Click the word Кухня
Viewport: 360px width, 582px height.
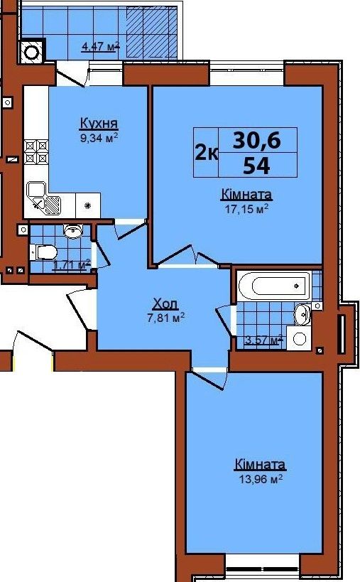click(99, 123)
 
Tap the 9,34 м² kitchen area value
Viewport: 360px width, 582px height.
click(99, 138)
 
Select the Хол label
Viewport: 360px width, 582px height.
click(165, 304)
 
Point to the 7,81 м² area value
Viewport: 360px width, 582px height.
click(165, 318)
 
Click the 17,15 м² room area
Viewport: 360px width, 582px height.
click(246, 209)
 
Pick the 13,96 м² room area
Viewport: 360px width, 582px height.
click(261, 479)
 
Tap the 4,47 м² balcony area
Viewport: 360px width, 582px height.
click(101, 47)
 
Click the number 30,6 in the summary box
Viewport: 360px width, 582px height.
click(256, 140)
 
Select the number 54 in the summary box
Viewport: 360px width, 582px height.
click(256, 166)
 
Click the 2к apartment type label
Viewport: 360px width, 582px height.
click(207, 152)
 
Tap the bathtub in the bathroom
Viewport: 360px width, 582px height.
click(274, 286)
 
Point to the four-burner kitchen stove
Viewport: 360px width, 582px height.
click(36, 152)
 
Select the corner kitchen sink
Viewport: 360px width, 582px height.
click(44, 199)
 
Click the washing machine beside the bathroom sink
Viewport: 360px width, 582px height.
click(299, 338)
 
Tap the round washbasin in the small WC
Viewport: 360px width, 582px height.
click(73, 231)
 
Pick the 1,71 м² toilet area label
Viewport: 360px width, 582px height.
click(72, 265)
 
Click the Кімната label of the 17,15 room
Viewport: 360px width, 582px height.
click(246, 194)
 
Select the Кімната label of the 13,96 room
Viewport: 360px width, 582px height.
click(261, 464)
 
